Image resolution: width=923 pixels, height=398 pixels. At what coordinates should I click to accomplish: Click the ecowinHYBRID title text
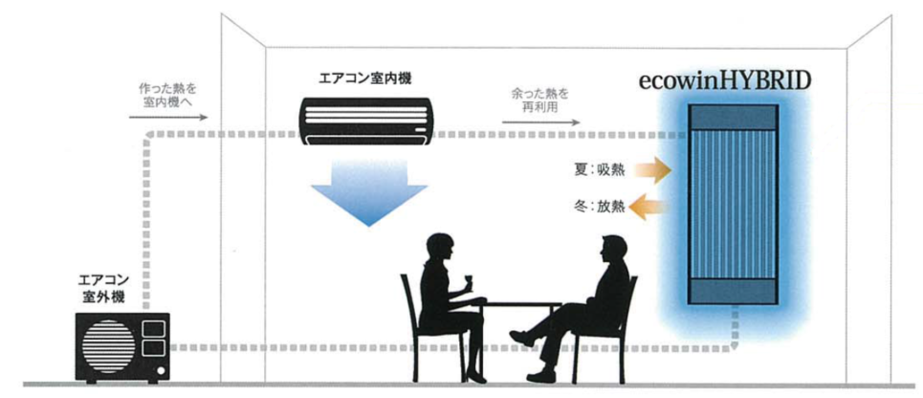pos(725,78)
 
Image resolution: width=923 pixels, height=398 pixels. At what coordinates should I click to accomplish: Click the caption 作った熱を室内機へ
pos(167,95)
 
